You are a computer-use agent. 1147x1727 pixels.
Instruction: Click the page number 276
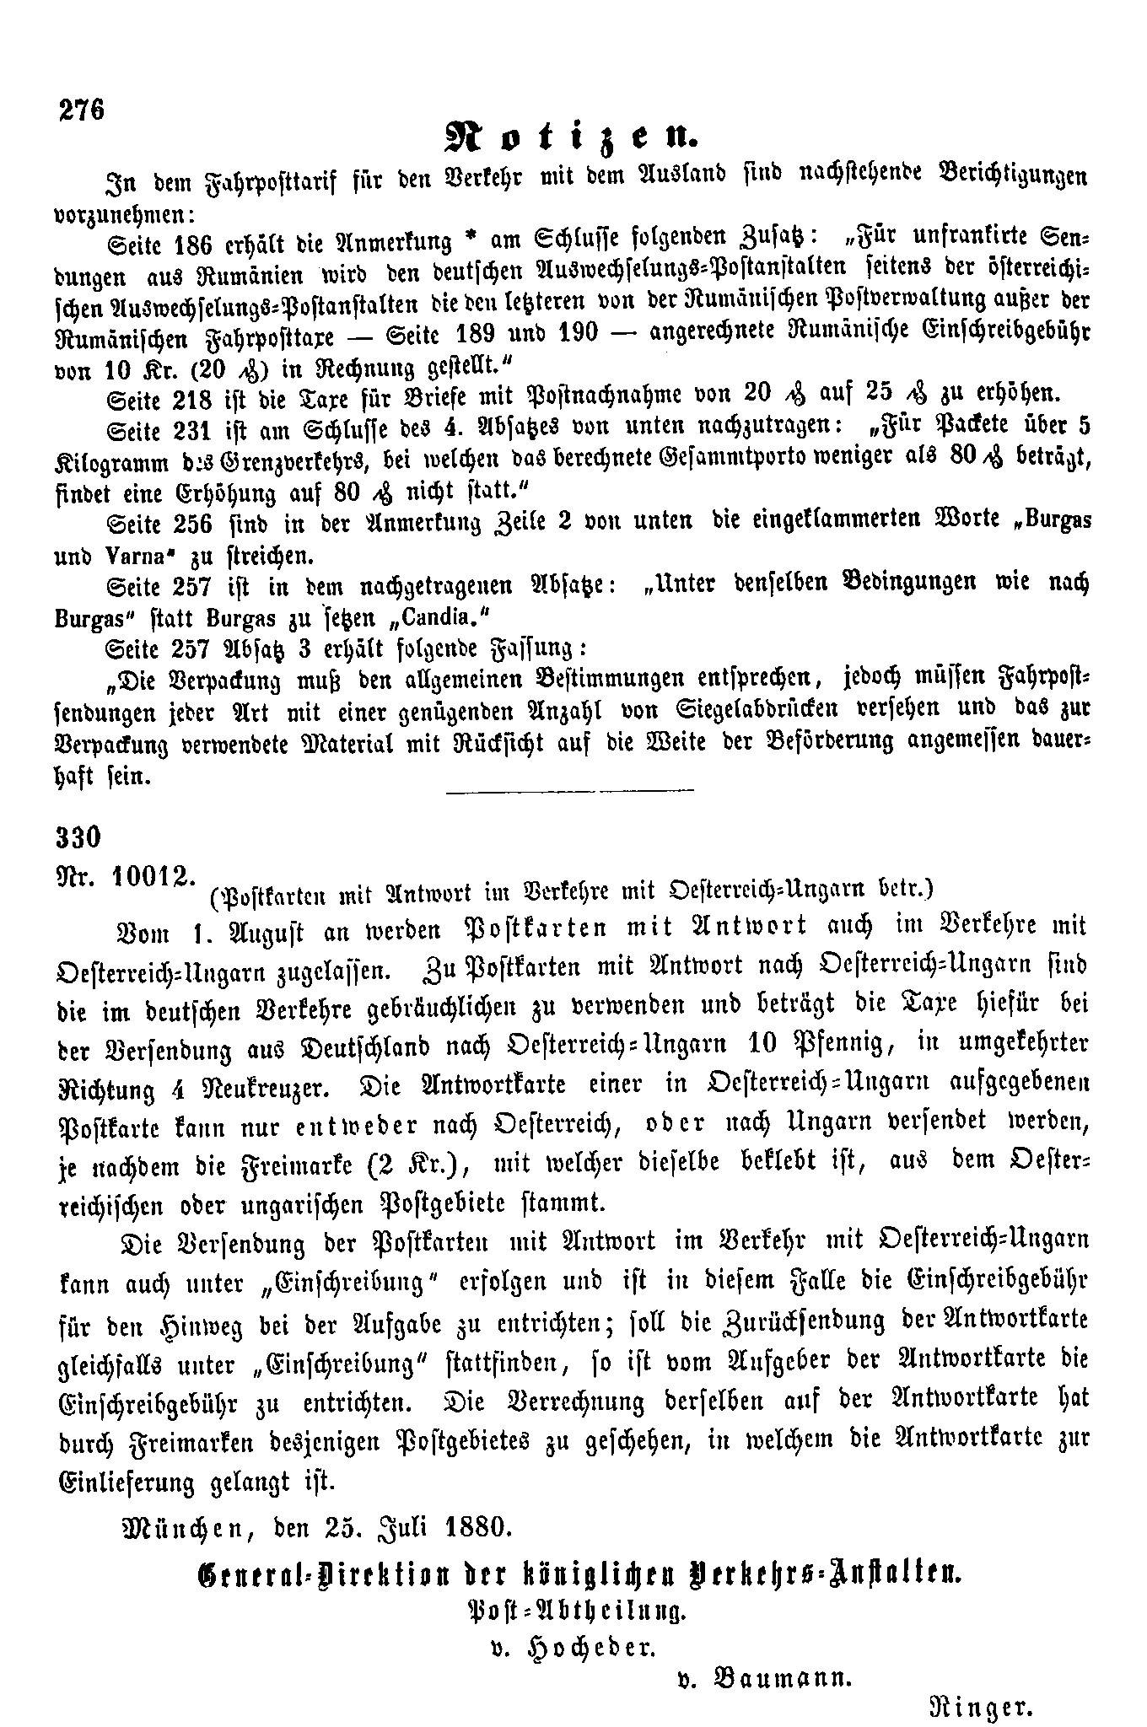pos(81,110)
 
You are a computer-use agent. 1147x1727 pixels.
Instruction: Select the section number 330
pos(78,837)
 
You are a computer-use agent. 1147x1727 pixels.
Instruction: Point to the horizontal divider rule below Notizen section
pos(569,789)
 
